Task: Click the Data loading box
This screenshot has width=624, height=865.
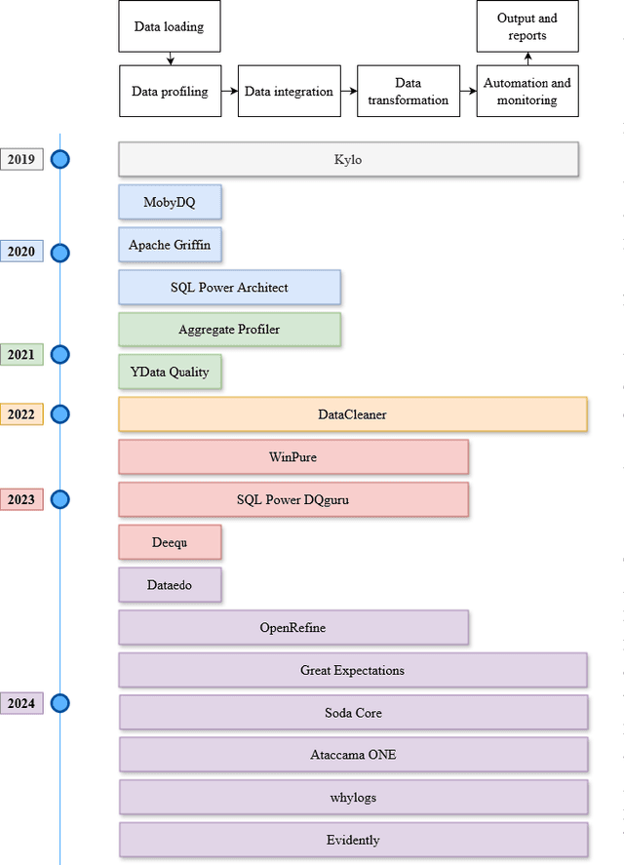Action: click(170, 26)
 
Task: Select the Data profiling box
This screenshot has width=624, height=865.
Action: click(170, 92)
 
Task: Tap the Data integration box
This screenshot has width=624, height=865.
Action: click(289, 92)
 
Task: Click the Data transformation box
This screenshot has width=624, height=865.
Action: click(408, 92)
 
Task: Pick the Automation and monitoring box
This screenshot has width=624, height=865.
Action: click(527, 92)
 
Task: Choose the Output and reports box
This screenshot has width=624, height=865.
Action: click(527, 26)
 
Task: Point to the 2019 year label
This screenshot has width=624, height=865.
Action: click(21, 159)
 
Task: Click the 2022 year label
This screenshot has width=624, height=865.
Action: click(21, 414)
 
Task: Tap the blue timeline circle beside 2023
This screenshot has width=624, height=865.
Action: click(60, 500)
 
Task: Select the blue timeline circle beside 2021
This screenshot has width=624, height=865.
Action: click(60, 355)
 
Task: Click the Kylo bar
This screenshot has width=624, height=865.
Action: click(348, 159)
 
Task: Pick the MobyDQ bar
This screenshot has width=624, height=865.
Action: click(170, 202)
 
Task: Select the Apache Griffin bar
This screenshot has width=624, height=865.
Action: click(170, 245)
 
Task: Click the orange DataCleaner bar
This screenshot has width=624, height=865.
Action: click(352, 414)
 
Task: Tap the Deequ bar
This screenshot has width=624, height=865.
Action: click(170, 542)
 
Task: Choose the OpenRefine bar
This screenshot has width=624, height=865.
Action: click(293, 627)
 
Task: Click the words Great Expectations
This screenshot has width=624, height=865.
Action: click(352, 670)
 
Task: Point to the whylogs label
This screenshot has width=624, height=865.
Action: click(352, 798)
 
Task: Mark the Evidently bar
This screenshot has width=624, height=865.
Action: click(352, 840)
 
